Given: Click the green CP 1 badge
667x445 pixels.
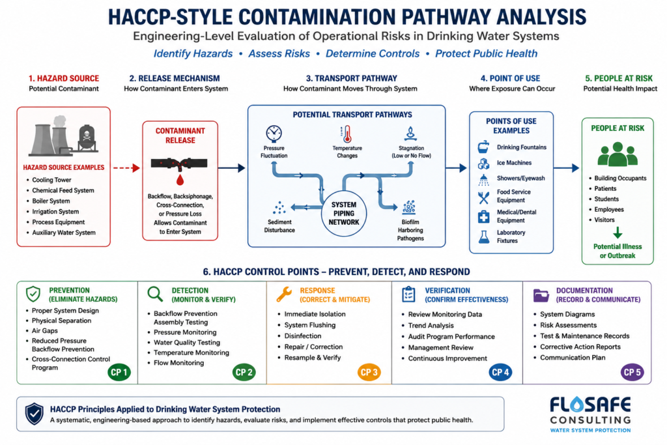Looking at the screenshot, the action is pyautogui.click(x=119, y=372).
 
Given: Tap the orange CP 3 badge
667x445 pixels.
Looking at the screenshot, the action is pyautogui.click(x=369, y=372).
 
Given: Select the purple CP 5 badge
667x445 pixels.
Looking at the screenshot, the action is pyautogui.click(x=632, y=372).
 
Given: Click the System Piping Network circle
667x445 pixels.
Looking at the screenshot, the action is pyautogui.click(x=344, y=213).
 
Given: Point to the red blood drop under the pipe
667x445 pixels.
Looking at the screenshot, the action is pyautogui.click(x=180, y=180).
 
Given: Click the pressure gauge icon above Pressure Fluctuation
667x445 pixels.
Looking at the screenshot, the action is pyautogui.click(x=274, y=134).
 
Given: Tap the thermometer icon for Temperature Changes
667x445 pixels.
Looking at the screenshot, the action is pyautogui.click(x=347, y=134).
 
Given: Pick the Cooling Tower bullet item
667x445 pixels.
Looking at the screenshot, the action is pyautogui.click(x=51, y=180).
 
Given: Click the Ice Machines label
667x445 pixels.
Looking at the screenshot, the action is pyautogui.click(x=515, y=163).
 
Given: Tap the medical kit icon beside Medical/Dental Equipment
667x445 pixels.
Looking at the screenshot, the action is pyautogui.click(x=484, y=216).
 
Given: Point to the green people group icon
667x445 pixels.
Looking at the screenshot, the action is pyautogui.click(x=617, y=154).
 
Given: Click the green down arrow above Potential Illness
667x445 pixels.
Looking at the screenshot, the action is pyautogui.click(x=617, y=233).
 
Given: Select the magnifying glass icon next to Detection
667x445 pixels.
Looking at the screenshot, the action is pyautogui.click(x=155, y=294).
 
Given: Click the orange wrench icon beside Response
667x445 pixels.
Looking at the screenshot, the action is pyautogui.click(x=284, y=294).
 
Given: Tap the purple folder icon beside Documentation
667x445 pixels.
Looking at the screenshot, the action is pyautogui.click(x=541, y=295).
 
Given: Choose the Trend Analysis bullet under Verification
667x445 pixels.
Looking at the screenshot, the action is pyautogui.click(x=431, y=326).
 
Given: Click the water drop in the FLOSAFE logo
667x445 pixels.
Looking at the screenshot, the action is pyautogui.click(x=576, y=404).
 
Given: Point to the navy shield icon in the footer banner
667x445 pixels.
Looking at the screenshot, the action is pyautogui.click(x=34, y=414).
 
